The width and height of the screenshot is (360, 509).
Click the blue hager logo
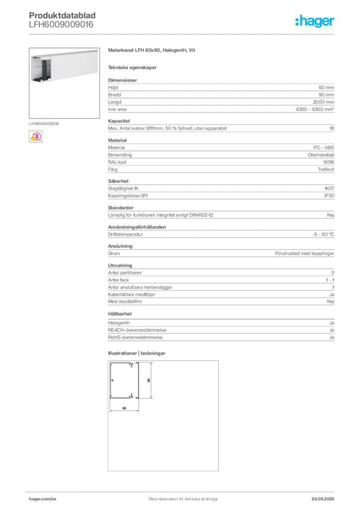[x=315, y=21]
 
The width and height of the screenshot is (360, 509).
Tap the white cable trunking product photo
[x=63, y=65]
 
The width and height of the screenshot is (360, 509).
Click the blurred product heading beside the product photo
[x=153, y=51]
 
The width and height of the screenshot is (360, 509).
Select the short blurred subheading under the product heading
[x=133, y=67]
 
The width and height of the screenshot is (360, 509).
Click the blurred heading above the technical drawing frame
[x=137, y=353]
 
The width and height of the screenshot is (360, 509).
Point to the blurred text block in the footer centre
[x=181, y=495]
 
